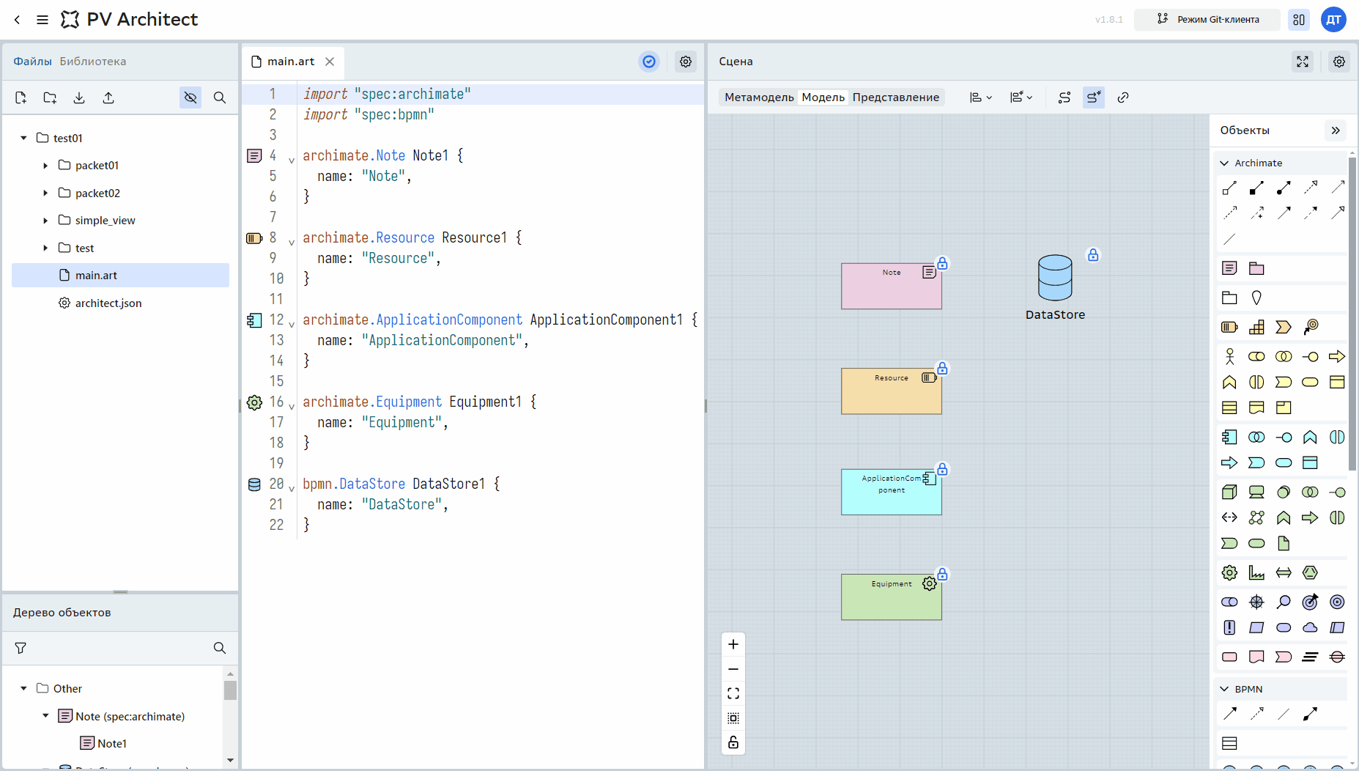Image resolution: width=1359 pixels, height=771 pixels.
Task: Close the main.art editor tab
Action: [330, 62]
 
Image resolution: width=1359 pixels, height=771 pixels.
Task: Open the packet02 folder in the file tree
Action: [97, 193]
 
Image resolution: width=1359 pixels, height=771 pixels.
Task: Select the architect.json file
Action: [108, 303]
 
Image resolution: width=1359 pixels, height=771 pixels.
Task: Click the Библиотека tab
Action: [93, 62]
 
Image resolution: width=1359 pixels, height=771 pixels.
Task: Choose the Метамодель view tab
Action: [759, 97]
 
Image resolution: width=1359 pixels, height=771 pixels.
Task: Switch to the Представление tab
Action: [895, 97]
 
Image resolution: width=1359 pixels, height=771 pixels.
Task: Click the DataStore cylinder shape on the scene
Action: [1055, 278]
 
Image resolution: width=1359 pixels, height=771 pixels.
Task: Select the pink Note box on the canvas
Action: [891, 286]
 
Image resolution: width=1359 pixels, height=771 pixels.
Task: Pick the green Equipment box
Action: [891, 597]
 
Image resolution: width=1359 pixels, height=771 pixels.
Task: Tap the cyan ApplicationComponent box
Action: [891, 492]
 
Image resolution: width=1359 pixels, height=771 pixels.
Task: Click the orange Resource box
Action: [891, 391]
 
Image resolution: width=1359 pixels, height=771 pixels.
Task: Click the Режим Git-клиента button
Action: [1207, 20]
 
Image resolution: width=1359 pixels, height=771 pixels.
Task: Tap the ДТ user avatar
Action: [1333, 20]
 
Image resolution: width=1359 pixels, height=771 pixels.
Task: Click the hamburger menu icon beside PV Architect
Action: [42, 20]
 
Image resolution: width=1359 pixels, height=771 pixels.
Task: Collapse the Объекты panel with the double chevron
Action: [1336, 130]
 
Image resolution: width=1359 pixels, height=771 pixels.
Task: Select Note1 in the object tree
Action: [111, 743]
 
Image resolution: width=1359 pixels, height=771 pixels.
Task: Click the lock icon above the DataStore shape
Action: [1093, 255]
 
